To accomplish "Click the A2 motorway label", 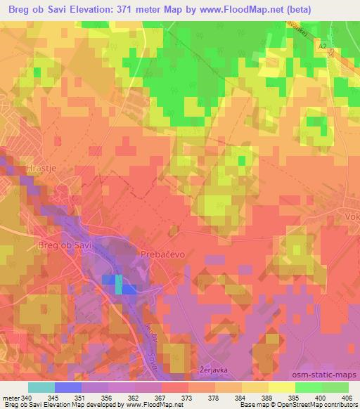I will (322, 46).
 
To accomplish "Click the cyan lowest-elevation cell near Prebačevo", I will (118, 285).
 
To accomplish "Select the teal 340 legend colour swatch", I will (41, 387).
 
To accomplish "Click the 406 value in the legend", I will (342, 397).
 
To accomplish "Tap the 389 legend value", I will (255, 397).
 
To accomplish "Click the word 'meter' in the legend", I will (11, 397).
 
